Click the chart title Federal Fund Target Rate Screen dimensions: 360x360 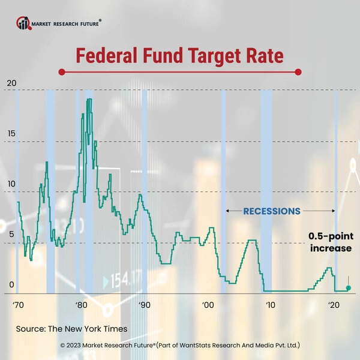(x=179, y=56)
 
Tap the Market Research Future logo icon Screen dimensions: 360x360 (x=23, y=23)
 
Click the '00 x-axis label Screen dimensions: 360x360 (x=208, y=305)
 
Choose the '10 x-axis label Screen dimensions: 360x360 (x=271, y=305)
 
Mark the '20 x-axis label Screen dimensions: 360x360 (x=334, y=305)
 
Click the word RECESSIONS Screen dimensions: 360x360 (x=271, y=211)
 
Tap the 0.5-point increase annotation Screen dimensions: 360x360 (x=330, y=242)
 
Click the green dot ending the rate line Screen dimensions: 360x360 (x=348, y=289)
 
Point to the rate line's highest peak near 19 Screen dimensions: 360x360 (x=89, y=100)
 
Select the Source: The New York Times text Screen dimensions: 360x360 (x=71, y=329)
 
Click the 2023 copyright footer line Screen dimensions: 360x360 (x=180, y=346)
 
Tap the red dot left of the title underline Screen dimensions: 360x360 (x=61, y=72)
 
